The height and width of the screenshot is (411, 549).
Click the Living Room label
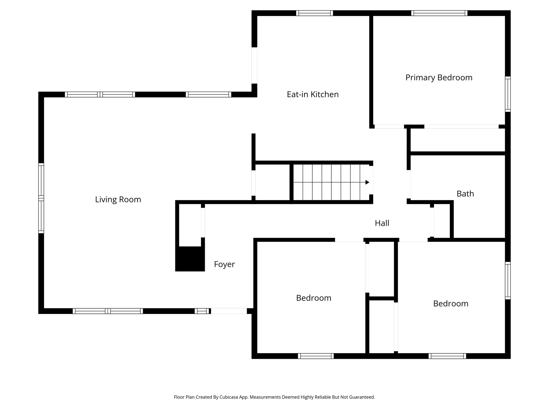118,200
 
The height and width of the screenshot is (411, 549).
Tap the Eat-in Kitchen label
313,94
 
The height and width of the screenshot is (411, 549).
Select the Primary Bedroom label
439,78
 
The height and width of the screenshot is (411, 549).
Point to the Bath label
465,194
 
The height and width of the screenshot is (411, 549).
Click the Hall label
382,223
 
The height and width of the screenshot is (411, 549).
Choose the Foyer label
224,264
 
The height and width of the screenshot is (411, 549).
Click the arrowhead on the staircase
367,182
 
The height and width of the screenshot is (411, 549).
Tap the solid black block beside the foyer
190,259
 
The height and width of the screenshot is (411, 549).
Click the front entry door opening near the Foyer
229,311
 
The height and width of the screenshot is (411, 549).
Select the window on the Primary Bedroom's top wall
439,13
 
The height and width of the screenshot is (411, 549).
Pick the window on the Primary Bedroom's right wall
508,94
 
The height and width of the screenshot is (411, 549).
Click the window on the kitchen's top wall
314,13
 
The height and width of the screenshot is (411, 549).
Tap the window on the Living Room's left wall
41,198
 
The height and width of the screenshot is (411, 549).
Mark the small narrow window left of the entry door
202,311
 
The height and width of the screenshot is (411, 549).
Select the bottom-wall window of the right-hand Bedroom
447,356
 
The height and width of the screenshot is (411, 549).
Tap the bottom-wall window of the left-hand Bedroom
316,356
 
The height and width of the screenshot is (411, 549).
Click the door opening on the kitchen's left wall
254,66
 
